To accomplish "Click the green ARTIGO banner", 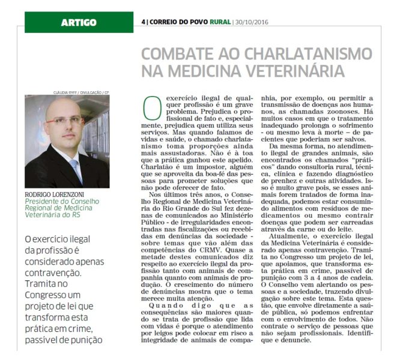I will [x=79, y=23].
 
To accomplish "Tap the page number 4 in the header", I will [x=144, y=23].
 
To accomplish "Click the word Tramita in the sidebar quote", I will [x=39, y=274].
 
